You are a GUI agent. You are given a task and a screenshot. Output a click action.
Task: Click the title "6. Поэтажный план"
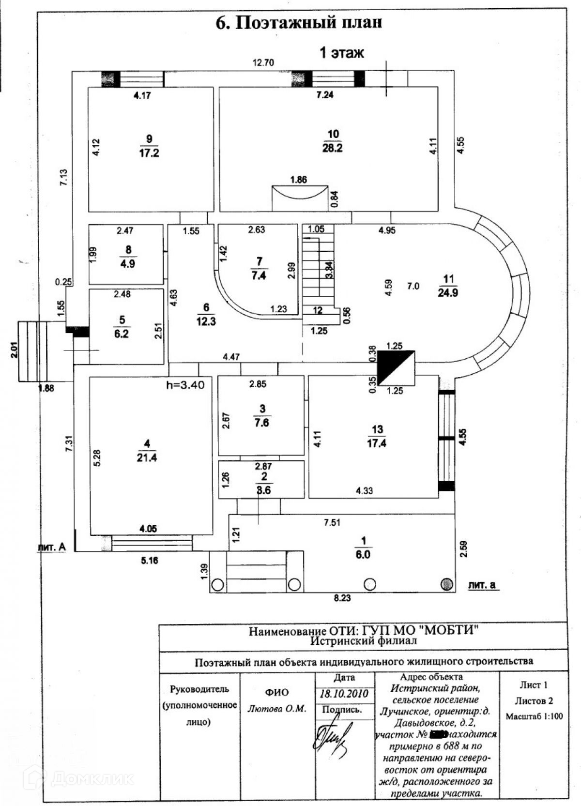point(299,22)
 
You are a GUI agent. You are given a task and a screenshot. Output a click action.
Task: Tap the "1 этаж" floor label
point(341,52)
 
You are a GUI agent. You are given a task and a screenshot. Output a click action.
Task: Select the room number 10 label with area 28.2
point(333,141)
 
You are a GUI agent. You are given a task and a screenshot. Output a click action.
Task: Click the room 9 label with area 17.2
point(149,146)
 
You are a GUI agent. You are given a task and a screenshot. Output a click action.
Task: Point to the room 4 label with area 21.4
point(147,451)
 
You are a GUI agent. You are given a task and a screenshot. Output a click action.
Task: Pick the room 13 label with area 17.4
point(377,436)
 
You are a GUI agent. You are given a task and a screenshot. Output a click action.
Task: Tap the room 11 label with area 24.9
point(448,285)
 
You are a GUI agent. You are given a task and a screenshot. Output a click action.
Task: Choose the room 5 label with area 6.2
point(122,327)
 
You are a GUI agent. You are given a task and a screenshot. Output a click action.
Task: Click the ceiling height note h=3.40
point(185,385)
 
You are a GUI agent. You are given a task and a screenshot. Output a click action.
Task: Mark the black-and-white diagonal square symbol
point(396,367)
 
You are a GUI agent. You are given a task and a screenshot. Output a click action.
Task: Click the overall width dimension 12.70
point(264,62)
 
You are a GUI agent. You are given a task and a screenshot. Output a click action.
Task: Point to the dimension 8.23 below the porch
point(342,598)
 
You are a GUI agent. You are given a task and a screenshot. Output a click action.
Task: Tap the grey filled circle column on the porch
point(447,584)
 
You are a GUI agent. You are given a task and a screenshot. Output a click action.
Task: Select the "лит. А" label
point(51,547)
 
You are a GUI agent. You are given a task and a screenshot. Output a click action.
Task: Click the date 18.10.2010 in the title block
point(344,693)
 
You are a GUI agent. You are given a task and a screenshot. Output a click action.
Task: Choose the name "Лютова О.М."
point(277,708)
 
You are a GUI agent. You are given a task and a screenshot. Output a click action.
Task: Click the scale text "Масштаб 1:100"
point(535,716)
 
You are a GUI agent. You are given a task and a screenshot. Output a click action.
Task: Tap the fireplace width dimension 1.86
point(299,180)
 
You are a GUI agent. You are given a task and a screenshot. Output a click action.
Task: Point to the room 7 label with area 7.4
point(260,269)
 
